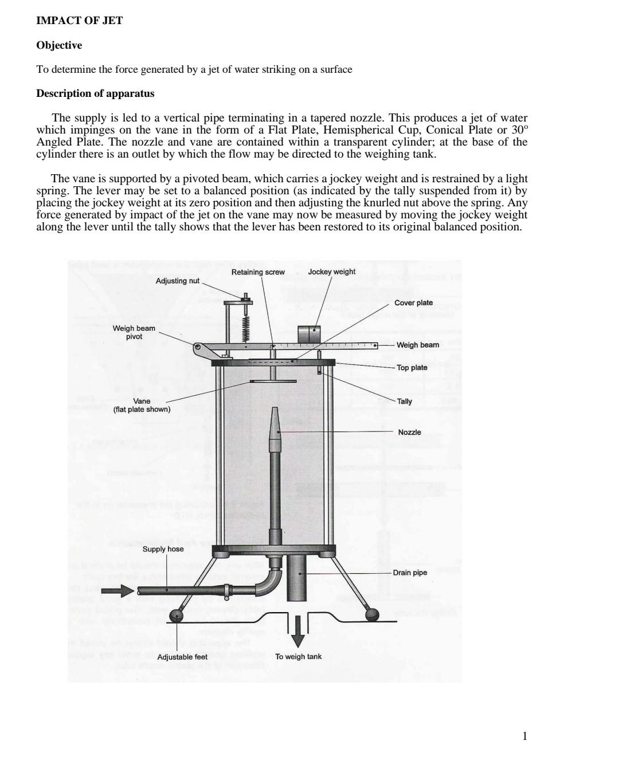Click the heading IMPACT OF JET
click(x=79, y=21)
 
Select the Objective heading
click(x=59, y=45)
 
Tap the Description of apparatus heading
click(x=95, y=93)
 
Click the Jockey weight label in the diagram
click(x=331, y=272)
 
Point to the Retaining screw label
click(x=258, y=272)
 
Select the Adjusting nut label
click(x=178, y=281)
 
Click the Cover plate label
click(x=413, y=303)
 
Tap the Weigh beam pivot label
click(x=134, y=332)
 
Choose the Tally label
click(x=404, y=401)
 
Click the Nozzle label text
click(x=409, y=432)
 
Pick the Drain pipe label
click(x=410, y=573)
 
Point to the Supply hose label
click(x=163, y=549)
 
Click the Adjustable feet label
click(x=182, y=657)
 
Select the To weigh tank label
click(x=298, y=657)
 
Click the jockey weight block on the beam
click(x=309, y=335)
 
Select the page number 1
click(x=524, y=736)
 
